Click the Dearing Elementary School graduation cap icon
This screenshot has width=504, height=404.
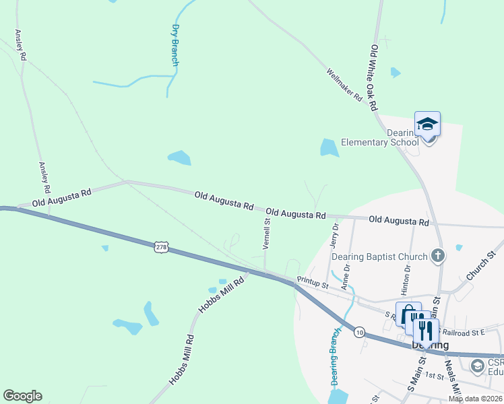pyautogui.click(x=427, y=124)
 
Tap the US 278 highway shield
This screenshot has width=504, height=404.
pyautogui.click(x=160, y=247)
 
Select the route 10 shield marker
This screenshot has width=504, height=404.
pyautogui.click(x=360, y=332)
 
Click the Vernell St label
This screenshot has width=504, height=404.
pyautogui.click(x=267, y=233)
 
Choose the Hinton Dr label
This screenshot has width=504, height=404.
pyautogui.click(x=407, y=277)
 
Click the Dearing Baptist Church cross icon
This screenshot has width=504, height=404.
pyautogui.click(x=438, y=255)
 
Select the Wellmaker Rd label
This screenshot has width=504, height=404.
pyautogui.click(x=344, y=85)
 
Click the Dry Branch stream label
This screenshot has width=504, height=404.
pyautogui.click(x=175, y=45)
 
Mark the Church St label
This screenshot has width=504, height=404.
pyautogui.click(x=480, y=264)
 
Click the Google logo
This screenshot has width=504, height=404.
pyautogui.click(x=22, y=396)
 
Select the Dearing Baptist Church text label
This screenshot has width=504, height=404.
pyautogui.click(x=384, y=257)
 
